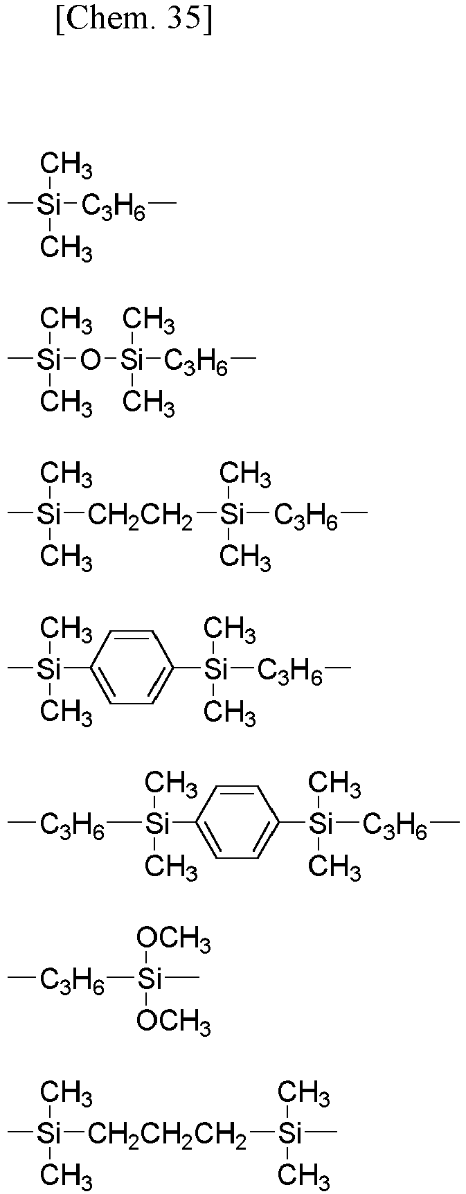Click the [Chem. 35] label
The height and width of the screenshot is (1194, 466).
click(x=134, y=21)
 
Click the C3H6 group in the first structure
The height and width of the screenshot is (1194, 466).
click(x=114, y=206)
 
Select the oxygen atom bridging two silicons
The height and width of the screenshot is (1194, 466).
click(x=91, y=359)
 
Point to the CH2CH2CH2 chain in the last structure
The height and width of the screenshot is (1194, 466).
click(x=167, y=1136)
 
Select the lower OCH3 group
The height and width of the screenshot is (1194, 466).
click(x=174, y=1020)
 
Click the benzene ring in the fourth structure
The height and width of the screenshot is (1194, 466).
click(x=132, y=668)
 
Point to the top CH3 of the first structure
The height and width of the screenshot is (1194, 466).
click(x=66, y=166)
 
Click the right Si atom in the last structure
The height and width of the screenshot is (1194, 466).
click(x=292, y=1134)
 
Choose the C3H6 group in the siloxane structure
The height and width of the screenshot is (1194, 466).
click(x=196, y=362)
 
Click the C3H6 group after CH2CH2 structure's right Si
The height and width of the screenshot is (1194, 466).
click(x=306, y=517)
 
